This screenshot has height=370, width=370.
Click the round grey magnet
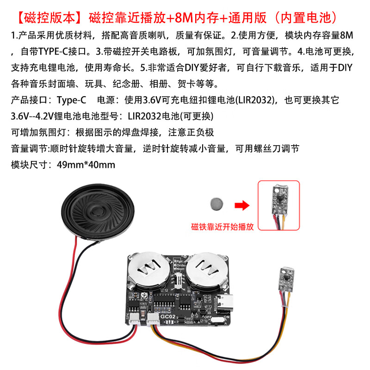[x=216, y=203]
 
